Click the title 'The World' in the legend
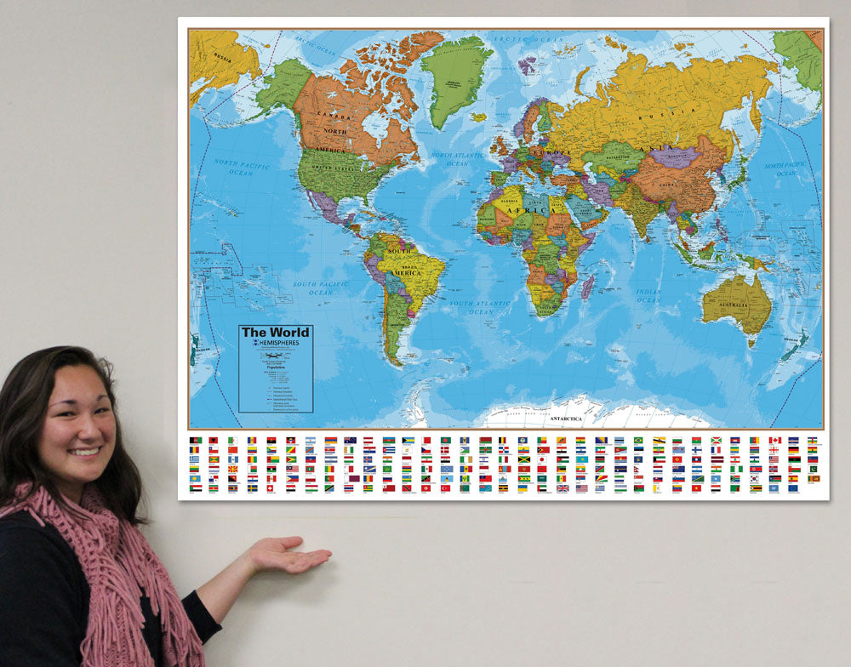pos(275,332)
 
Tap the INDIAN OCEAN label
pos(648,295)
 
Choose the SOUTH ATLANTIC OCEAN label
pos(481,307)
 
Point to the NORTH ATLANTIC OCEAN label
pos(457,159)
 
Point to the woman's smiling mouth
pos(83,452)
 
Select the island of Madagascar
pos(587,286)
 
